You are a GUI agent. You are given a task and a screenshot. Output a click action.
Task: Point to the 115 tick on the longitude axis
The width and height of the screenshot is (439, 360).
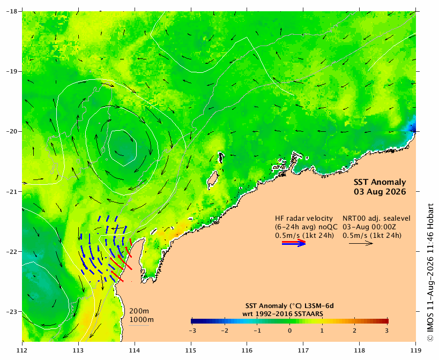(191, 350)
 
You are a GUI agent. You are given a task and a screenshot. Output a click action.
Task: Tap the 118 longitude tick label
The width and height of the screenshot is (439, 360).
(360, 350)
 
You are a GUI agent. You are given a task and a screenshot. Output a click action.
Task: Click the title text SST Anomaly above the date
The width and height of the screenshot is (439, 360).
(380, 182)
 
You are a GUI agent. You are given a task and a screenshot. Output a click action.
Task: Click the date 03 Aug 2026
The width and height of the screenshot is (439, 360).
(380, 192)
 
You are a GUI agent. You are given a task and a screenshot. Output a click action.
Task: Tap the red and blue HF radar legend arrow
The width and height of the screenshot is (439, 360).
(294, 243)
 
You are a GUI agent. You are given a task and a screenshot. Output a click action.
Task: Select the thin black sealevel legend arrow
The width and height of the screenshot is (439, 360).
(361, 243)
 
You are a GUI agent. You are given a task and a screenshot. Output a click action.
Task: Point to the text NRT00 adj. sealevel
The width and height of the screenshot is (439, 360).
(377, 219)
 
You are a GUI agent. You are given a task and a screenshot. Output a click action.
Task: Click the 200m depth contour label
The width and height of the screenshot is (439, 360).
(139, 311)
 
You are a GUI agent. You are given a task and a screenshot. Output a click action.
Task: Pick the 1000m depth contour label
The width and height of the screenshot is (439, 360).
(142, 319)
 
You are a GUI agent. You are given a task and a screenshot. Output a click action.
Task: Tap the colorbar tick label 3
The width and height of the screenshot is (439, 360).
(386, 331)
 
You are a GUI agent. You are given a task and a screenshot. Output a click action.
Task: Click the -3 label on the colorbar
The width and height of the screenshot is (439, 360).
(192, 331)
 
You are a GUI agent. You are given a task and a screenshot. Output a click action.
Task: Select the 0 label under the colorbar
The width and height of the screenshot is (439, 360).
(289, 331)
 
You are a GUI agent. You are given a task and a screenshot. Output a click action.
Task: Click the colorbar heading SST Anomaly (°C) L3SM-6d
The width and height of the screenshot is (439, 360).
(289, 306)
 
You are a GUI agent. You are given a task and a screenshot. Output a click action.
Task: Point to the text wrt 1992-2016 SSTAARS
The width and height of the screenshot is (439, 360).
(283, 314)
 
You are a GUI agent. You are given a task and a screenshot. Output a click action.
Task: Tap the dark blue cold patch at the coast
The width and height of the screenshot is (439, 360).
(411, 126)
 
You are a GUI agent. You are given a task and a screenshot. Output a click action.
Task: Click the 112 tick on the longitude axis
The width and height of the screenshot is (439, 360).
(22, 350)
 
